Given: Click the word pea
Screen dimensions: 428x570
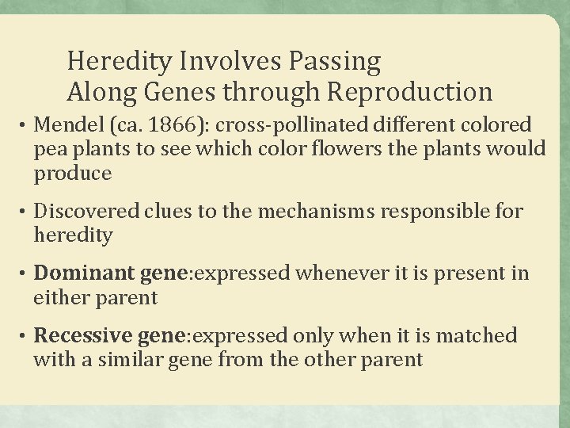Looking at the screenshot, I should click(x=48, y=148).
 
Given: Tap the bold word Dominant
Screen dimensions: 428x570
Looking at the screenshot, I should click(x=85, y=274).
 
